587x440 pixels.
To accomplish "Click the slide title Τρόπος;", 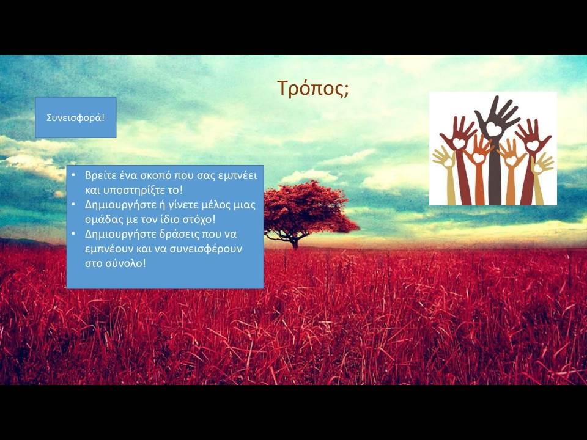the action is click(313, 88).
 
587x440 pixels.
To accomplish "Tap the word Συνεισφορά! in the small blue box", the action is click(76, 117).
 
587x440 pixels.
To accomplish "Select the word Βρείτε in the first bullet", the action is click(97, 175).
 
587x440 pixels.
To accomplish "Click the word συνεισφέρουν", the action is click(206, 249).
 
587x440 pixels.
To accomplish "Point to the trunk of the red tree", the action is click(295, 243).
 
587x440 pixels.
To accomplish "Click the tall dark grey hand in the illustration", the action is click(495, 150).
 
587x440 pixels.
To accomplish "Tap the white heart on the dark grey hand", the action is click(494, 129).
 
